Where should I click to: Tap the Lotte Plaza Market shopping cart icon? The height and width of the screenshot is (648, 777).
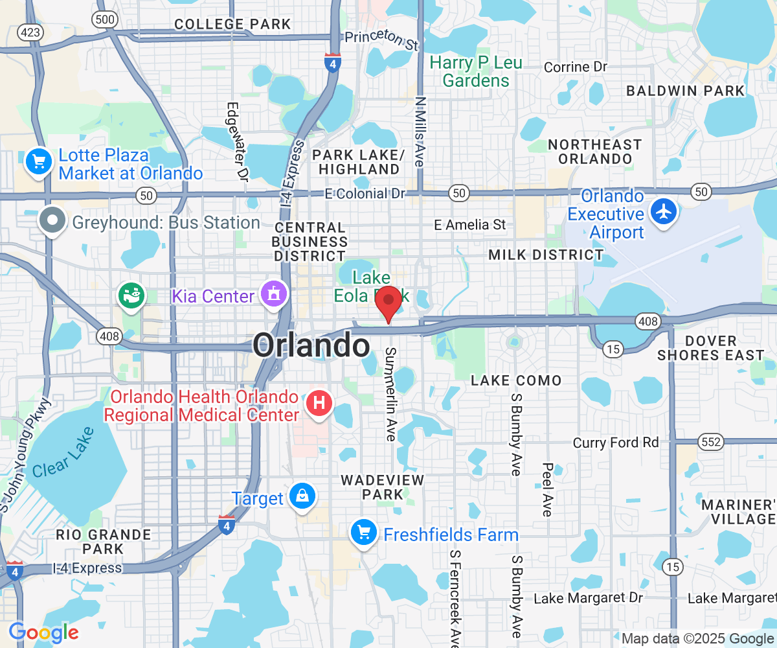pos(38,161)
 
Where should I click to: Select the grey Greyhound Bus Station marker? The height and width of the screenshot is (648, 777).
pos(52,220)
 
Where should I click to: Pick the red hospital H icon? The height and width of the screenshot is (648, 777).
pos(319,402)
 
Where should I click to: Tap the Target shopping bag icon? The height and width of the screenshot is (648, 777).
pos(302,496)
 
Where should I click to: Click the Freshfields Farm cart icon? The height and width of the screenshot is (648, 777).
pos(363,533)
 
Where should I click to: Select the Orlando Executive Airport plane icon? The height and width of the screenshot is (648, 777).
pos(664,211)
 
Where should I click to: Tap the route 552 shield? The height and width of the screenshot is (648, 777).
pos(710,442)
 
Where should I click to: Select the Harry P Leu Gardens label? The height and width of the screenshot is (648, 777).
pos(476,72)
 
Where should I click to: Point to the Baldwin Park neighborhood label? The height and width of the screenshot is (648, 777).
pos(686,91)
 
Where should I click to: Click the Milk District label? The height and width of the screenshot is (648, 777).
pos(546,255)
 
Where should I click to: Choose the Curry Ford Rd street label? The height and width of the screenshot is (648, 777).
pos(615,443)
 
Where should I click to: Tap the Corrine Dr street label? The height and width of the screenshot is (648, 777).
pos(576,67)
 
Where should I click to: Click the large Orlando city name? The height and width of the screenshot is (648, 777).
pos(311,345)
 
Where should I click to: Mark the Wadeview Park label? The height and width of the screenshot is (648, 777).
pos(382,487)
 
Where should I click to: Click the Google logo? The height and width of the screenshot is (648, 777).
pos(43,632)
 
